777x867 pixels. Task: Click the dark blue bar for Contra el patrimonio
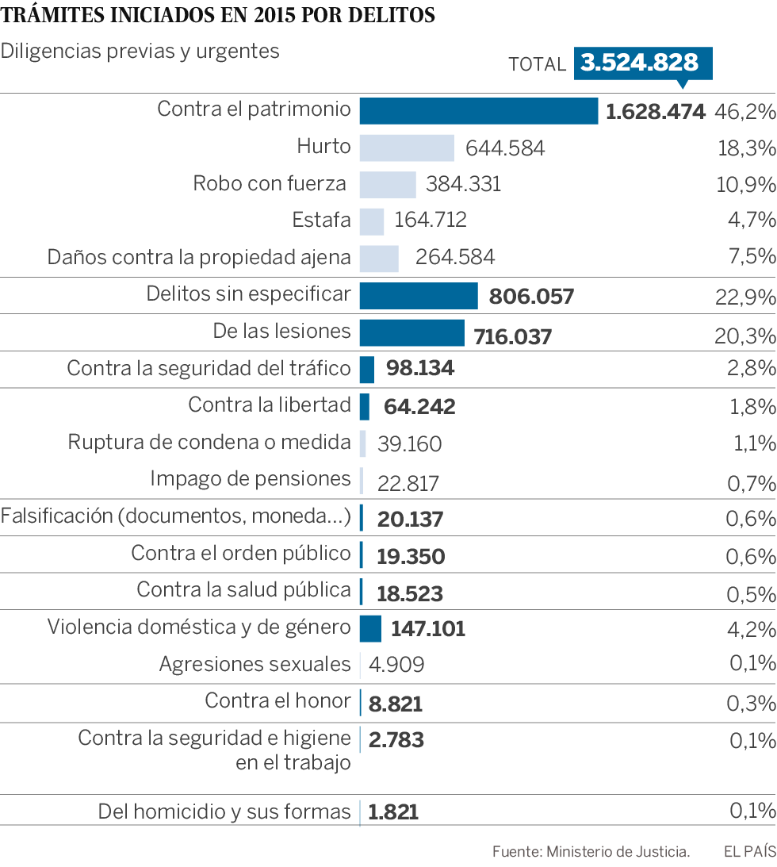pos(479,111)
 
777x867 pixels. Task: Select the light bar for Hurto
pos(407,148)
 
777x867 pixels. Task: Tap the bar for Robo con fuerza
pos(388,184)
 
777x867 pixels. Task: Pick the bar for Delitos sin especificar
pos(419,296)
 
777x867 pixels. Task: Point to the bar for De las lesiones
pos(412,333)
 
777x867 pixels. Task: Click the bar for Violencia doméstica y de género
pos(370,628)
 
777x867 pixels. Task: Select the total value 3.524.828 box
pos(640,63)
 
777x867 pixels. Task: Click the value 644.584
pos(505,148)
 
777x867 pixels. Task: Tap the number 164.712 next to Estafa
pos(431,220)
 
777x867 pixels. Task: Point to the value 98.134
pos(420,369)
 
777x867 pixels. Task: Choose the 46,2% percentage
pos(744,111)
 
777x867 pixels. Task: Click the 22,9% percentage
pos(744,297)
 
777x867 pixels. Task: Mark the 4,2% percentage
pos(750,630)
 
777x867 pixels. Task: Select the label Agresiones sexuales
pos(255,664)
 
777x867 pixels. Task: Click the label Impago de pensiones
pos(251,478)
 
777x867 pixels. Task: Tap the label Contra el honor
pos(277,700)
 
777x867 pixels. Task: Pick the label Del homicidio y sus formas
pos(224,811)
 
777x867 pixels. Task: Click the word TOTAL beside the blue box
pos(538,64)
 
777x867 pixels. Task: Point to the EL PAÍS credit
pos(748,852)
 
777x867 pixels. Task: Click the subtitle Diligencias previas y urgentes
pos(140,51)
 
